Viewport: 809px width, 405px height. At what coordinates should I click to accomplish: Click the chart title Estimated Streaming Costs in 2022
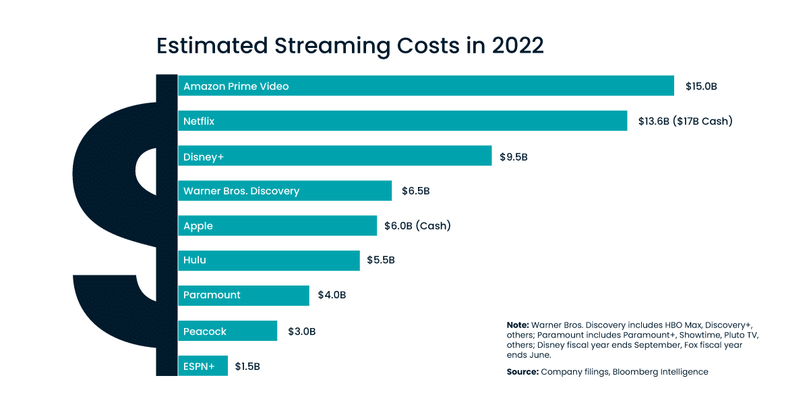point(350,46)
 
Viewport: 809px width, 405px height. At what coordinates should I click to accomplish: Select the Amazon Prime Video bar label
point(236,86)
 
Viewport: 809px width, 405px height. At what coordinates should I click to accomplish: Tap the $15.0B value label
point(701,86)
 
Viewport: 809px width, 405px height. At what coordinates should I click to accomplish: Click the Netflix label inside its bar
point(199,122)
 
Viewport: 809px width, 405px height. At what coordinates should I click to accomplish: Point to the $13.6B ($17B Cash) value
point(685,122)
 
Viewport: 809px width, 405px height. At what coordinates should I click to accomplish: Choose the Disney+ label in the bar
point(204,157)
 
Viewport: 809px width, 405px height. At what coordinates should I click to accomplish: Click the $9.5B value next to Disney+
point(514,157)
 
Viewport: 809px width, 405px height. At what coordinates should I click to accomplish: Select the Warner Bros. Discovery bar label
point(241,191)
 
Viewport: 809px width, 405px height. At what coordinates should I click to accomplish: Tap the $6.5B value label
point(415,191)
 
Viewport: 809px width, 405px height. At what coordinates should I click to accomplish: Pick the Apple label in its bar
point(198,226)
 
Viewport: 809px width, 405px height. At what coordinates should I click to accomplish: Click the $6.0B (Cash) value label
point(417,226)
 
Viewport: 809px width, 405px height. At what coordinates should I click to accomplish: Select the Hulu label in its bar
point(195,260)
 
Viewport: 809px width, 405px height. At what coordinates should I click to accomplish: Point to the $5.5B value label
point(381,260)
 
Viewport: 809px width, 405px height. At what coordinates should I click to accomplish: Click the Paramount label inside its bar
point(212,295)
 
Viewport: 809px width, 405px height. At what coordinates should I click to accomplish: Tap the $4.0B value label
point(332,295)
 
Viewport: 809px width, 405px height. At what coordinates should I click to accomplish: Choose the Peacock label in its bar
point(205,331)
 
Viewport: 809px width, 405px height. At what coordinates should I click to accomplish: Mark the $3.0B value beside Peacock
point(301,331)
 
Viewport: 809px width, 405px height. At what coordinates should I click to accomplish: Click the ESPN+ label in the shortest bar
point(199,367)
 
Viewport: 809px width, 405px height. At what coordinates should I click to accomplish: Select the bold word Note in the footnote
point(518,325)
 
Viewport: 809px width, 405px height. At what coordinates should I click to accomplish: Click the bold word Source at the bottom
point(522,372)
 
